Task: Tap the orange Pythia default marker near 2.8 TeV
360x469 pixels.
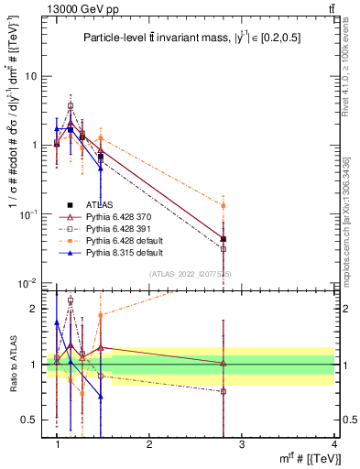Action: pos(224,206)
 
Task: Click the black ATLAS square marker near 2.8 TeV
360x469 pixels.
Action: pos(224,239)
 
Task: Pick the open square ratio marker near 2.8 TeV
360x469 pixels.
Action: pos(224,391)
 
